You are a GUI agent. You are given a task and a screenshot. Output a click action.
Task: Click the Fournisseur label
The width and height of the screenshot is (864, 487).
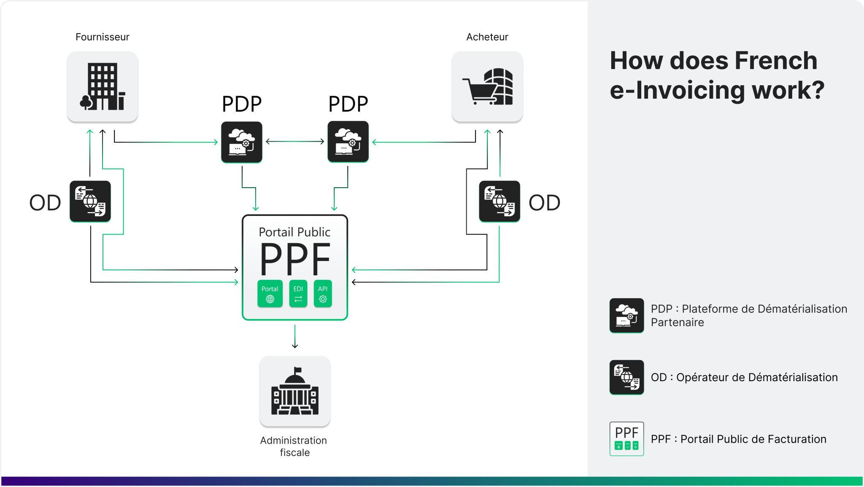102,37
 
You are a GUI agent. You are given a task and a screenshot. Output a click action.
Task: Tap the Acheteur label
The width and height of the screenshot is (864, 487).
487,37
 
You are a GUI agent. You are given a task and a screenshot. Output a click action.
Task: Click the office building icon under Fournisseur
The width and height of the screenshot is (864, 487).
103,87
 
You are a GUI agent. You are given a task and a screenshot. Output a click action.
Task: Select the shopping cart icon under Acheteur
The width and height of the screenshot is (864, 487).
487,87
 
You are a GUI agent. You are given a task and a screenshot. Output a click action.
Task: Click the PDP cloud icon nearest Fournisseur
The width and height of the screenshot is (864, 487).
241,142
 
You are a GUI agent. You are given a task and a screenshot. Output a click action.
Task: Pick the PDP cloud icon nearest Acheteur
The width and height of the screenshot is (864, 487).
348,142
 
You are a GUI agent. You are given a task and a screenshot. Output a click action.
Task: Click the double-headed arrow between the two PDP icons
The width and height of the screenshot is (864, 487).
295,142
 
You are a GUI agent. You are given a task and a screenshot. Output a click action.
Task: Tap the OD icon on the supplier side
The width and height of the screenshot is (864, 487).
90,201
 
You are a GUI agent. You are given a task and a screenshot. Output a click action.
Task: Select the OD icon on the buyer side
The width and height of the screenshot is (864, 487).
499,201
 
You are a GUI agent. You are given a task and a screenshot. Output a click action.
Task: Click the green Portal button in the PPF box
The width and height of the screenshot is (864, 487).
270,293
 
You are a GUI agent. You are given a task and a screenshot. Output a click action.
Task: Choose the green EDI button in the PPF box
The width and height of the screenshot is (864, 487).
298,293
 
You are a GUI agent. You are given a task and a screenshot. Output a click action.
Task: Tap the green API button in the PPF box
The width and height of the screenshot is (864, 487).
323,293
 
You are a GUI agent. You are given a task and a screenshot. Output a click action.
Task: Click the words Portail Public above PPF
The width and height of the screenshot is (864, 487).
294,232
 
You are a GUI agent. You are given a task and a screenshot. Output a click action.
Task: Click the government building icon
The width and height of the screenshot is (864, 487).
295,391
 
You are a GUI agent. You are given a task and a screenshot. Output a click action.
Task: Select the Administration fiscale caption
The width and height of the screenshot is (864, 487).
294,446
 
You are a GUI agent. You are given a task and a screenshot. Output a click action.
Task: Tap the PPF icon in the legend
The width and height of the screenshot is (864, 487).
626,439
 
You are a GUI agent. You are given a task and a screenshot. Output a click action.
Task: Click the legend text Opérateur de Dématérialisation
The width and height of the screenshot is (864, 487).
757,377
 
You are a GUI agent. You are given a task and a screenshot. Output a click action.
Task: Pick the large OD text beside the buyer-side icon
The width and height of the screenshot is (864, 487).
544,203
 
